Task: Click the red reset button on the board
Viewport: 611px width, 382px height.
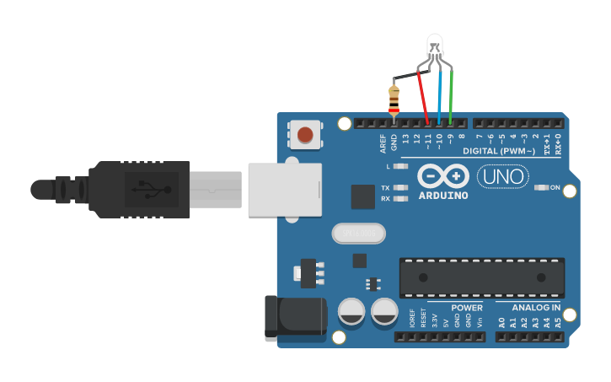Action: pos(304,134)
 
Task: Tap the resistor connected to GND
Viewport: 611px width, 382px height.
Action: pos(394,99)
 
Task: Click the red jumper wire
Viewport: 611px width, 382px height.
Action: pos(424,97)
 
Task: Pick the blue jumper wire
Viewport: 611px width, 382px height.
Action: pos(440,97)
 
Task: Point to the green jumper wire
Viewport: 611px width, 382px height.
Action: pos(452,97)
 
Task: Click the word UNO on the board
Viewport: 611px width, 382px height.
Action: pos(502,177)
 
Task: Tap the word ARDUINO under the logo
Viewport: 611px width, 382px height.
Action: pos(442,196)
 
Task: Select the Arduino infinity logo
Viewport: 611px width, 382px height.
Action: pos(442,175)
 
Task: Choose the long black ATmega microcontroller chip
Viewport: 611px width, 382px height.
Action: pos(481,277)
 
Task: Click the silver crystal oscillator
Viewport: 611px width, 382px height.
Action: pos(358,233)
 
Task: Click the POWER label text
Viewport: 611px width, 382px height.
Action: pos(467,308)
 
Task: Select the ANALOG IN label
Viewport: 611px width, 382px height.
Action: pos(535,308)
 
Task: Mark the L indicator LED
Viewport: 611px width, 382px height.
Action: pos(400,167)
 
